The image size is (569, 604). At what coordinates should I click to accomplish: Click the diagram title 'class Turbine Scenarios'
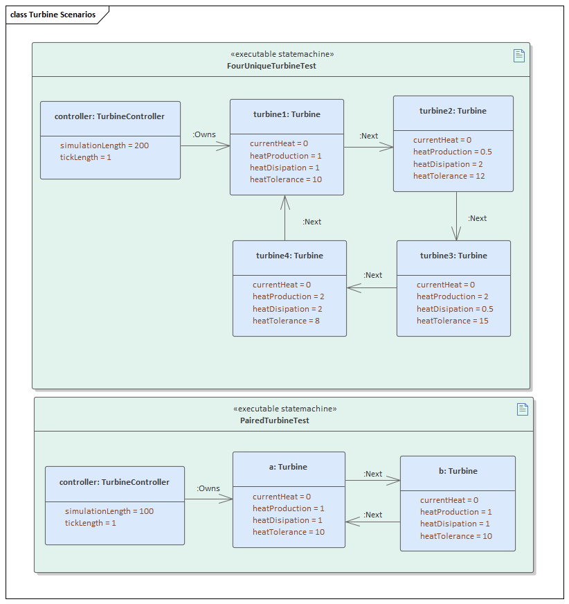pyautogui.click(x=53, y=15)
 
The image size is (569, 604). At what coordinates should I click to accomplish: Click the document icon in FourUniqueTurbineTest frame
pyautogui.click(x=519, y=55)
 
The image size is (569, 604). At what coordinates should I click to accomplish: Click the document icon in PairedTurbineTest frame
pyautogui.click(x=523, y=409)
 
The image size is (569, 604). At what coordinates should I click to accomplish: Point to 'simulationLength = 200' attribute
pyautogui.click(x=104, y=145)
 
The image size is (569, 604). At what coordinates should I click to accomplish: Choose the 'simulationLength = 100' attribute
pyautogui.click(x=109, y=511)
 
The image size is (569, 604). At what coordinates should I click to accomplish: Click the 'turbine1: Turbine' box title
pyautogui.click(x=287, y=114)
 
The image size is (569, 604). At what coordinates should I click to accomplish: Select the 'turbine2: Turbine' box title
pyautogui.click(x=453, y=111)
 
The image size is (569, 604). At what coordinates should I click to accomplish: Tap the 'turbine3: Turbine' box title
pyautogui.click(x=453, y=256)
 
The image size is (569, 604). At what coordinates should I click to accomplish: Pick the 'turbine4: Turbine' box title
pyautogui.click(x=289, y=256)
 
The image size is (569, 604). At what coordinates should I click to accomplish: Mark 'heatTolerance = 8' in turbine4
pyautogui.click(x=286, y=321)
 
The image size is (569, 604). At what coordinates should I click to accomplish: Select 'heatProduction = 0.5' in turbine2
pyautogui.click(x=453, y=152)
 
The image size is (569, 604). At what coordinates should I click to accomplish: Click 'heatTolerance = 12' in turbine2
pyautogui.click(x=450, y=176)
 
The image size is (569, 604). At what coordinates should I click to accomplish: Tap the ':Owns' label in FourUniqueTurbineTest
pyautogui.click(x=204, y=134)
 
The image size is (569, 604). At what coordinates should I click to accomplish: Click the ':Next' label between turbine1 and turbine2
pyautogui.click(x=369, y=136)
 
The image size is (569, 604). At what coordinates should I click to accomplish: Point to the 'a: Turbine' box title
pyautogui.click(x=288, y=467)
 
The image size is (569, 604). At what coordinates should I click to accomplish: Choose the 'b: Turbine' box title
pyautogui.click(x=458, y=471)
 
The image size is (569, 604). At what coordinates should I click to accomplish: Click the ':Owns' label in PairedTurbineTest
pyautogui.click(x=208, y=488)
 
